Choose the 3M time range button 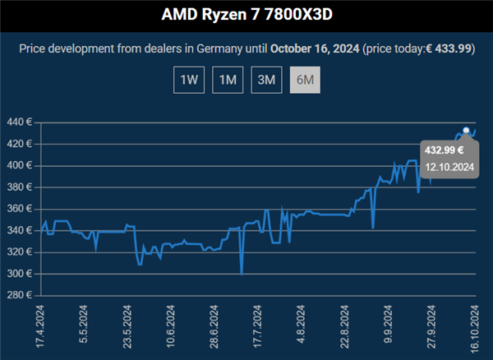(265, 81)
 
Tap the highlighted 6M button (305, 81)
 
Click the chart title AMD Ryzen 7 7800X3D (246, 15)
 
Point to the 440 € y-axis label (17, 122)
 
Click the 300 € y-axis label (17, 274)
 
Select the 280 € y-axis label (17, 295)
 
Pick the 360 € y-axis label (17, 209)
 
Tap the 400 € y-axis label (17, 165)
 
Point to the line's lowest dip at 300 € (242, 273)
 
